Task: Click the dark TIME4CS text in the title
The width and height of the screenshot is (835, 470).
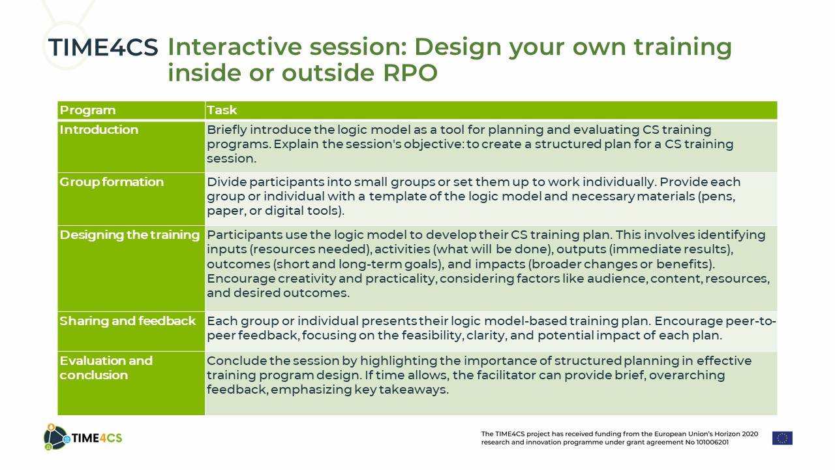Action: coord(103,48)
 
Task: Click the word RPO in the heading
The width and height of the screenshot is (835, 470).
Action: coord(410,72)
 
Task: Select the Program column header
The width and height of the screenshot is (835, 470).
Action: coord(87,110)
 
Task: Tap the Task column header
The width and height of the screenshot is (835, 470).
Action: coord(222,110)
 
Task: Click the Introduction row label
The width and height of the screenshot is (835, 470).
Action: coord(99,129)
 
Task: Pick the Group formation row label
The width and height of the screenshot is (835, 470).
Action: coord(112,182)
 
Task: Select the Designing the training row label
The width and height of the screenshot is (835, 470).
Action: coord(129,235)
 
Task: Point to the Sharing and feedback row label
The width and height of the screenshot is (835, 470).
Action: coord(127,321)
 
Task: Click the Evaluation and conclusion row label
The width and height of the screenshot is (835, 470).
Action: coord(106,368)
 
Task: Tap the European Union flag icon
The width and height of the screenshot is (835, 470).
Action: coord(782,438)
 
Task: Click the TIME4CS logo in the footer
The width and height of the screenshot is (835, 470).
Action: coord(83,437)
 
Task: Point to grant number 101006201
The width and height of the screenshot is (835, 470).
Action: coord(712,443)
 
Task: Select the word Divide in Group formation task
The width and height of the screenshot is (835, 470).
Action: coord(226,182)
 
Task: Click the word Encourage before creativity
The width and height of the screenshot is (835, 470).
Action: coord(241,279)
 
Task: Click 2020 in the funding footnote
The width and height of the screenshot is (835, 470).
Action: coord(750,434)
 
